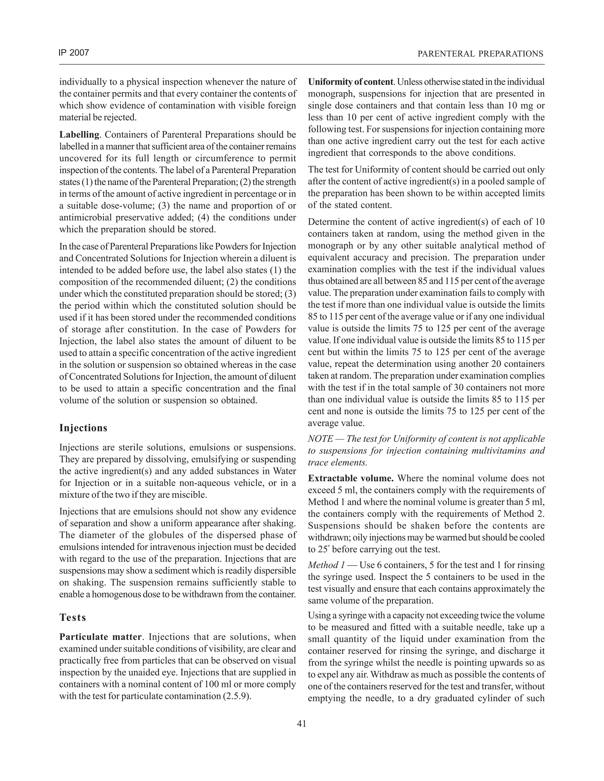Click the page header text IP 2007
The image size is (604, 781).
click(74, 53)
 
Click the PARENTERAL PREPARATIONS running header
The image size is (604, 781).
click(480, 54)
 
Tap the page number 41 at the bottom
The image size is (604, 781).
click(302, 724)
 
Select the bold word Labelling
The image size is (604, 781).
click(79, 135)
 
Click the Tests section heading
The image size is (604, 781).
click(73, 617)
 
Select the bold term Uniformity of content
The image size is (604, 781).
click(350, 82)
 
